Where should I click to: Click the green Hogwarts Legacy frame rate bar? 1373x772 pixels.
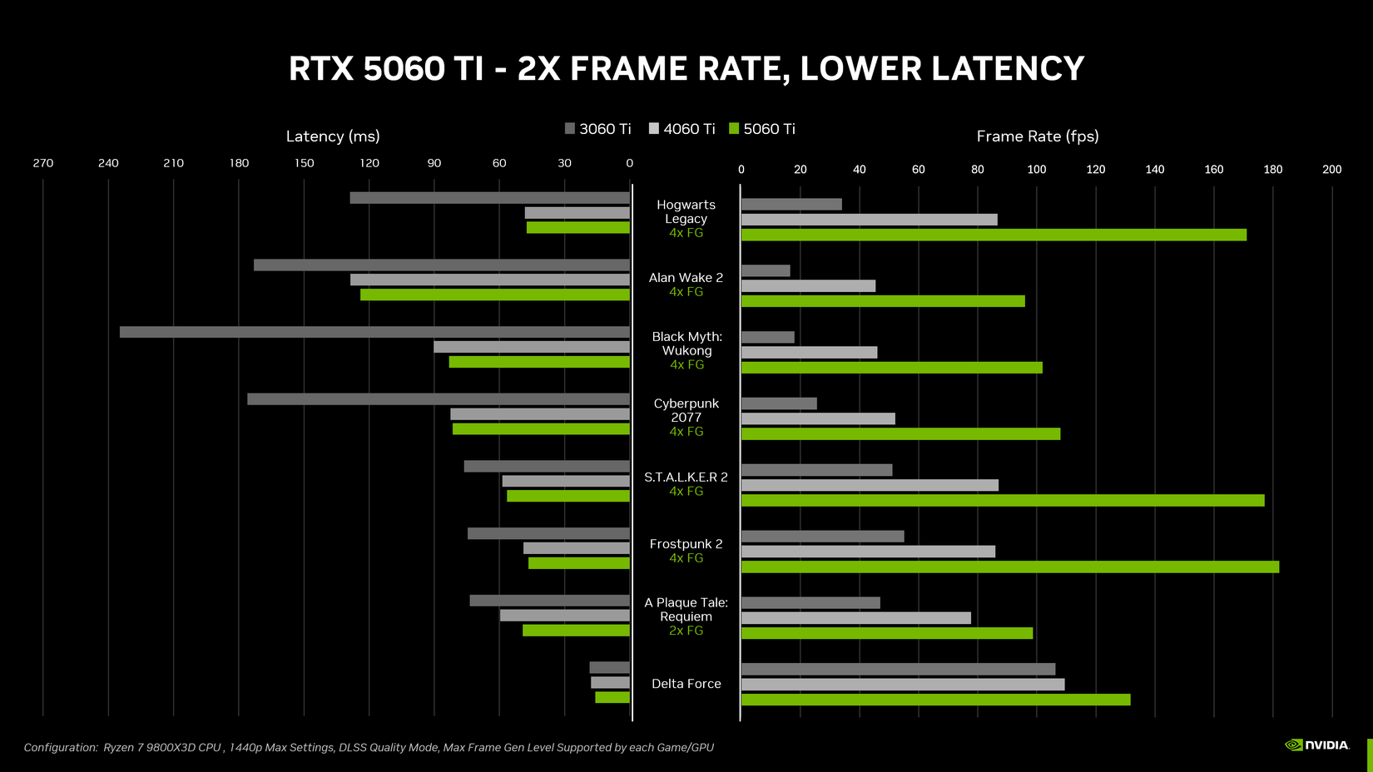pos(994,235)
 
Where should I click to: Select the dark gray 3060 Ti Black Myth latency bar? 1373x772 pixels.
pos(374,332)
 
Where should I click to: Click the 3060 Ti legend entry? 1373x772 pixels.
pos(597,129)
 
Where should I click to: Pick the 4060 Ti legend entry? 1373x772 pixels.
pos(682,129)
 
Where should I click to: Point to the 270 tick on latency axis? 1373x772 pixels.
pos(43,163)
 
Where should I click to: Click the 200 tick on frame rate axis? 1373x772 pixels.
pos(1331,170)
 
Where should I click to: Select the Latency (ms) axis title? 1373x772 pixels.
pos(333,136)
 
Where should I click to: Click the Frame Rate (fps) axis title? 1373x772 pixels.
pos(1037,136)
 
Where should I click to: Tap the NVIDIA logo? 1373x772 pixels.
pos(1316,745)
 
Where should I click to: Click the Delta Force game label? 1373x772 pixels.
pos(686,684)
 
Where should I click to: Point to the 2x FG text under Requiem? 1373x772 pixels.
pos(686,631)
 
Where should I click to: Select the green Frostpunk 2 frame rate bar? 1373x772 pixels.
pos(1009,567)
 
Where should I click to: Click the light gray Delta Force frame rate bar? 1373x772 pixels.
pos(903,685)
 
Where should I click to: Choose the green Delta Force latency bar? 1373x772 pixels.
pos(612,697)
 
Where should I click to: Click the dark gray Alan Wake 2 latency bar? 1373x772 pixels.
pos(441,265)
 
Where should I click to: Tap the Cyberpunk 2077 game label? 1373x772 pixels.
pos(686,410)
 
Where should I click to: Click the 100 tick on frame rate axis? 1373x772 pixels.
pos(1036,170)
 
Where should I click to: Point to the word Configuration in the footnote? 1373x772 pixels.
pos(60,748)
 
